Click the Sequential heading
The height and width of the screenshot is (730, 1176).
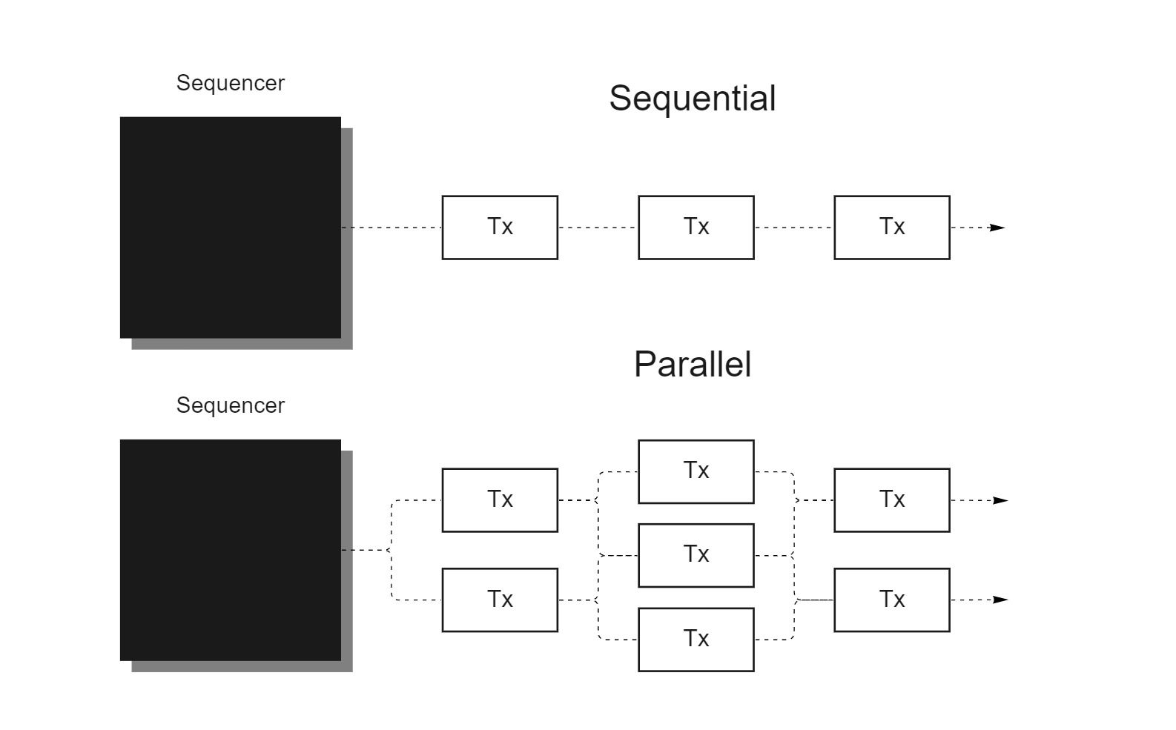click(693, 99)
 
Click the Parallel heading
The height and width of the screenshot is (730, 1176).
click(693, 364)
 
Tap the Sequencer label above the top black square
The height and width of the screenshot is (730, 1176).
click(231, 84)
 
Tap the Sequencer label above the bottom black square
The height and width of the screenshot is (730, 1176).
click(231, 405)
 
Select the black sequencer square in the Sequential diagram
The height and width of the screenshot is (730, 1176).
click(231, 228)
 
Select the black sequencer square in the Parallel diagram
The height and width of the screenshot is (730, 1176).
click(231, 550)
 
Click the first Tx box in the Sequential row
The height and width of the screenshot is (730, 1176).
click(500, 228)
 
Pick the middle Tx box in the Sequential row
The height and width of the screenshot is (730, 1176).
click(696, 228)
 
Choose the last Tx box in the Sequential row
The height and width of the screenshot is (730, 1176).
click(892, 228)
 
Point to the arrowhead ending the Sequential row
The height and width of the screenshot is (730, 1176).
click(997, 228)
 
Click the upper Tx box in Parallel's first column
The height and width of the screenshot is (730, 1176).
click(500, 500)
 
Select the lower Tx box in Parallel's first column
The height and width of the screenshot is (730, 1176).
click(500, 600)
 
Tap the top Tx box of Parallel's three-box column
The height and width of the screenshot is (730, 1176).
click(696, 472)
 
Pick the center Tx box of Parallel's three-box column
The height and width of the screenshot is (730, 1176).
click(696, 555)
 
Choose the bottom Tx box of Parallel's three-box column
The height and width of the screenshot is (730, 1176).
click(696, 640)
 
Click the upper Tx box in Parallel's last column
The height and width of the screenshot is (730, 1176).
click(892, 500)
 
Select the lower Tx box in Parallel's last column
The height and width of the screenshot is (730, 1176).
click(892, 600)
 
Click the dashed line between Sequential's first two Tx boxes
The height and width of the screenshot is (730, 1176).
click(598, 228)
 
